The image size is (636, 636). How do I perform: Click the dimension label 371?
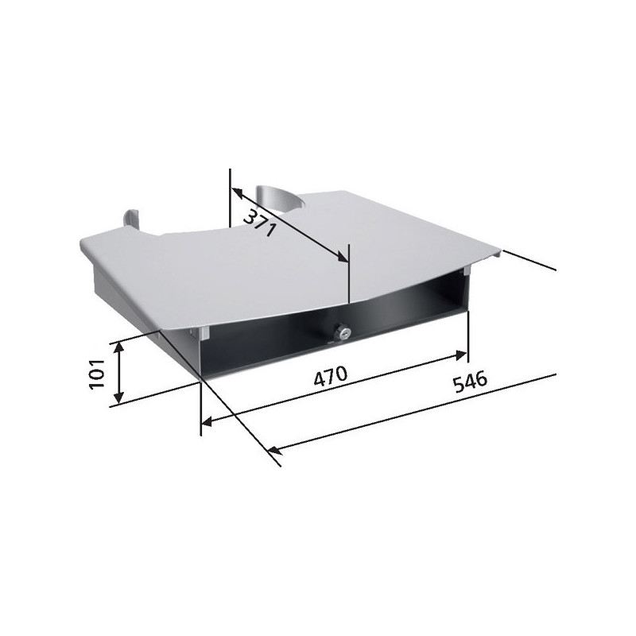tap(260, 223)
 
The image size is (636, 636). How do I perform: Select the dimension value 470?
tap(331, 375)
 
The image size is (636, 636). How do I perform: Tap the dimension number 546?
tap(470, 382)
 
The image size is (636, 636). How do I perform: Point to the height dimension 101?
tap(96, 374)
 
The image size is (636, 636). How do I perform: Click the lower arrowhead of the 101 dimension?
tap(118, 397)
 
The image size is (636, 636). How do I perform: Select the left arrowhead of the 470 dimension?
tap(207, 422)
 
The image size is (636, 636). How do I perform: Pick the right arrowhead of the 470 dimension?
tap(461, 355)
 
